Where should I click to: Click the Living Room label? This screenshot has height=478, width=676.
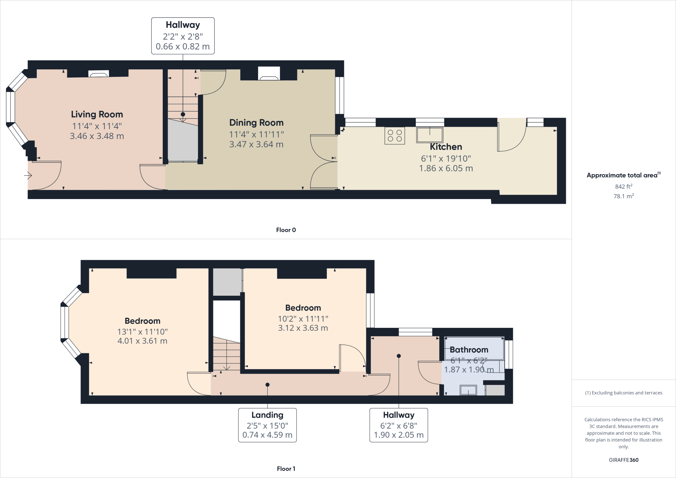97,115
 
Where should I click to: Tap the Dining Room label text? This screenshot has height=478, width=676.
256,123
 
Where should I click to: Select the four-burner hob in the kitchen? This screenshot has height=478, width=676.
394,136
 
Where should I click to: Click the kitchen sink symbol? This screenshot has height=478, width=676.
429,135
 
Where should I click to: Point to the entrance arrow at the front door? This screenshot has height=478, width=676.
28,176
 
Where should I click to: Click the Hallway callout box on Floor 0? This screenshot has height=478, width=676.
183,36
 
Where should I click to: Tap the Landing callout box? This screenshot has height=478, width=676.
267,425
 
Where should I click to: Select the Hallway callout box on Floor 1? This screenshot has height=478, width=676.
398,425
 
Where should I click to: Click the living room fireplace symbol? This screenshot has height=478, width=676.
99,74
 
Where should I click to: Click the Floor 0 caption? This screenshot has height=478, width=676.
286,230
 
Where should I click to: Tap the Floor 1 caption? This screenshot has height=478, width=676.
286,469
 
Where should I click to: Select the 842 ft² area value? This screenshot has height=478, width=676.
624,187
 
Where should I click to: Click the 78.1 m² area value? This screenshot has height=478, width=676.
624,196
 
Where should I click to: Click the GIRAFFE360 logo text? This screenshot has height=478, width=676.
624,460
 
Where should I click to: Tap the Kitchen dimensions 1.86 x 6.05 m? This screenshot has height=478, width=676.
446,168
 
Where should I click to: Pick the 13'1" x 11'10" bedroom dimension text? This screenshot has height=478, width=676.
143,331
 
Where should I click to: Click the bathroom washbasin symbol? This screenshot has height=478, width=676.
468,390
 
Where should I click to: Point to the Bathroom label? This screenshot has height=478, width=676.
469,350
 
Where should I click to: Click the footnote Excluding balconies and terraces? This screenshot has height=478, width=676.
624,393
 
